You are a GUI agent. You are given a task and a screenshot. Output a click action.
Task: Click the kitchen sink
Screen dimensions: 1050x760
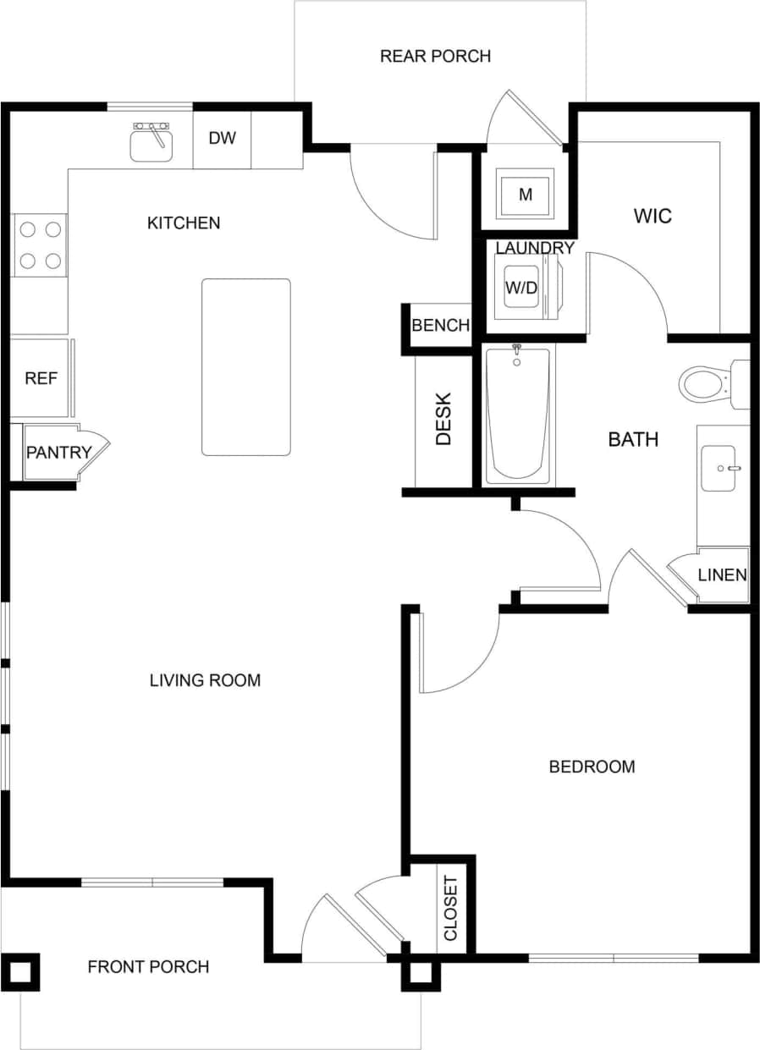(151, 143)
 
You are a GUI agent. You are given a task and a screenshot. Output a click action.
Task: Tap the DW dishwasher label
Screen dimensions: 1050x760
(222, 138)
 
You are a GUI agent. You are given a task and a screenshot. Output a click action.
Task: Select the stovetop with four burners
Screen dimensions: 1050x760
(40, 245)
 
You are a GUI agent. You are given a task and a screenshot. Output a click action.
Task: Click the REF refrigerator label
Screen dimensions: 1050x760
(41, 378)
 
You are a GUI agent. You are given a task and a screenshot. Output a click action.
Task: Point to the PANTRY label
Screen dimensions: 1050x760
(58, 452)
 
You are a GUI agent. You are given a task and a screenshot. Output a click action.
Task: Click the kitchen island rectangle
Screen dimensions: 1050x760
(245, 367)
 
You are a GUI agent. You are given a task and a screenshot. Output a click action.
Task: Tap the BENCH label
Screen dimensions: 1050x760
(440, 326)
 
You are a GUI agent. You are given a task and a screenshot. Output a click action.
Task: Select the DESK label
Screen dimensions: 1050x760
(444, 419)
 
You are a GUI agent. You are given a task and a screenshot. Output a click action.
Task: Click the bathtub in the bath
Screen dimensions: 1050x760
(517, 415)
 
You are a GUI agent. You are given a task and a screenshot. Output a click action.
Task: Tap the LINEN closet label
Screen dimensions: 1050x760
(722, 575)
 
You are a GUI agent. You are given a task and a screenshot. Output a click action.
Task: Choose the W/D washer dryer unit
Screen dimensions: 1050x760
(522, 288)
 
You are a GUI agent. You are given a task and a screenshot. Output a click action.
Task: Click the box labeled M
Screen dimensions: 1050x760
(526, 195)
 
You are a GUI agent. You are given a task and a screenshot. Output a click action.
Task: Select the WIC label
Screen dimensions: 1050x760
(653, 216)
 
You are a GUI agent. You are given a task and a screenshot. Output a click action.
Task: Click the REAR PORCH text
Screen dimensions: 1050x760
(435, 57)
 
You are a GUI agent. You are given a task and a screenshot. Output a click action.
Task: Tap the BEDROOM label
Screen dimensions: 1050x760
(592, 767)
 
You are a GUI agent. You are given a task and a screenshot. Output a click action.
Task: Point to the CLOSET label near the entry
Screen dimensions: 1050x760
(450, 909)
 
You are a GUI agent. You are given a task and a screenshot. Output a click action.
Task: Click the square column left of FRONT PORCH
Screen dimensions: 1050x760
(19, 972)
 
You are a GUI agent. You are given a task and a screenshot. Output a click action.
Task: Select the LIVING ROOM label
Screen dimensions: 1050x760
(205, 679)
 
